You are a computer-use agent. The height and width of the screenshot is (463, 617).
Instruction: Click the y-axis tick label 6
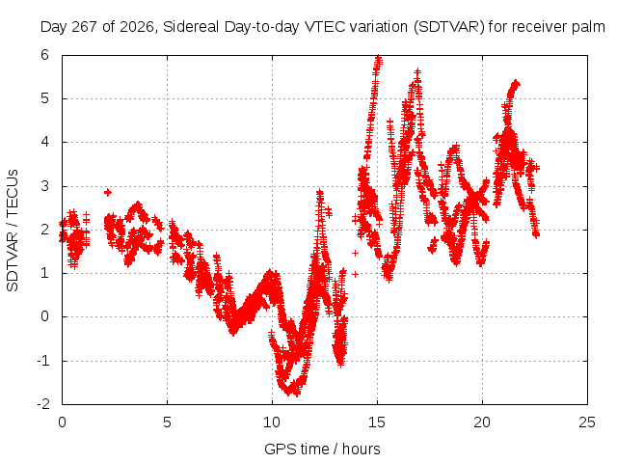(x=44, y=55)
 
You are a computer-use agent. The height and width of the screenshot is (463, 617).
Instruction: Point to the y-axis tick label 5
(x=44, y=98)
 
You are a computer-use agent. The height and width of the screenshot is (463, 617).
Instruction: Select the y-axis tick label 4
(x=44, y=142)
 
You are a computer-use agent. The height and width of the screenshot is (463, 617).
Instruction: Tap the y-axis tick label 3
(x=44, y=186)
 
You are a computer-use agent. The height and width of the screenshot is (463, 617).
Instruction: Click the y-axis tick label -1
(x=42, y=361)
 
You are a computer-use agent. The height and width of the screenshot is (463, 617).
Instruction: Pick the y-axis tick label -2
(x=42, y=404)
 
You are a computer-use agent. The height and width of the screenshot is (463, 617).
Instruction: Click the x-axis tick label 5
(x=167, y=422)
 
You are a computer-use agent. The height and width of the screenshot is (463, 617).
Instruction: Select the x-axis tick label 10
(x=272, y=422)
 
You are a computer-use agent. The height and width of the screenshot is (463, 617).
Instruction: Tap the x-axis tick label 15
(x=377, y=422)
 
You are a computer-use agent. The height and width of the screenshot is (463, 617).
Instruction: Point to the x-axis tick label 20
(x=482, y=422)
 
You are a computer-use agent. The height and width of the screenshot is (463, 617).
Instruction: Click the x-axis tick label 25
(x=587, y=422)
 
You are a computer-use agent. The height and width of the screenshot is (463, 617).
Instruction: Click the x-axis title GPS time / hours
(x=322, y=449)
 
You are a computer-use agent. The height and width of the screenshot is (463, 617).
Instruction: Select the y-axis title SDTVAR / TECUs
(x=13, y=231)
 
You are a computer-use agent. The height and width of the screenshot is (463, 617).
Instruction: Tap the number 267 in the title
(x=85, y=27)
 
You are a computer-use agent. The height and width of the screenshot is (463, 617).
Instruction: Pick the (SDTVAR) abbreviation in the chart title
(x=449, y=27)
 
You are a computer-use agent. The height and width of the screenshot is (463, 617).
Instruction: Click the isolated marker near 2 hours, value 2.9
(x=107, y=192)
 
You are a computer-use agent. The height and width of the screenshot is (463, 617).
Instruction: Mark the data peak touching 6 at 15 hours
(x=378, y=58)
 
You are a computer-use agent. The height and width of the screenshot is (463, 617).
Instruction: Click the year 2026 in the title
(x=136, y=27)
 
